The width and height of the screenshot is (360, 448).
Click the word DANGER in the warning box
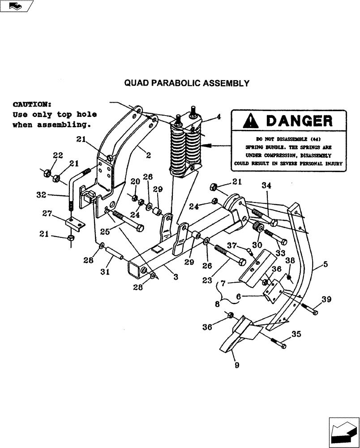tap(299, 121)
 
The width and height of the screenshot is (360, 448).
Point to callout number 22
tap(58, 155)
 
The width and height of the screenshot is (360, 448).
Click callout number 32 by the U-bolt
tap(42, 194)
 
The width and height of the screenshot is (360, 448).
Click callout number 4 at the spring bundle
tap(218, 117)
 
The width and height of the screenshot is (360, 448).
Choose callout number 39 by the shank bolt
tap(326, 299)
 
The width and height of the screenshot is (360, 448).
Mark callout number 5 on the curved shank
tap(326, 265)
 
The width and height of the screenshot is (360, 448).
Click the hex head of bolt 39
tap(316, 311)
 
